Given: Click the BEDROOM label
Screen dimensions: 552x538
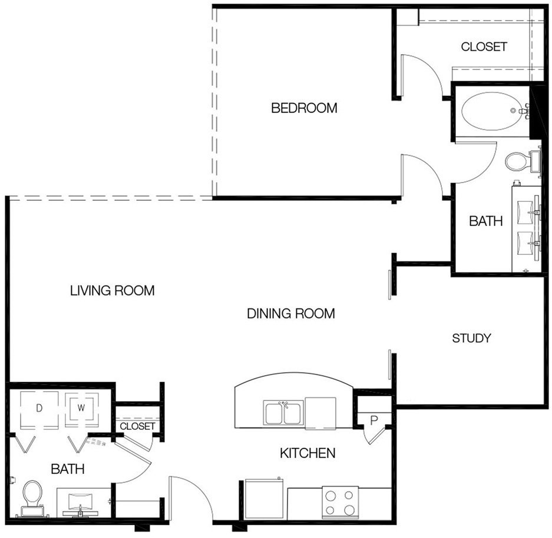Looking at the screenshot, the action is tap(304, 108).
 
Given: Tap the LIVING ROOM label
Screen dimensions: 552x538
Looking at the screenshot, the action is tap(113, 290).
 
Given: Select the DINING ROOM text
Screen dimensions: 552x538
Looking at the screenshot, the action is tap(291, 313).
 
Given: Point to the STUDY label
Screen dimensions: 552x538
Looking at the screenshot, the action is tap(471, 338).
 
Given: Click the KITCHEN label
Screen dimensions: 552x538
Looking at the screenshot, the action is tap(308, 453).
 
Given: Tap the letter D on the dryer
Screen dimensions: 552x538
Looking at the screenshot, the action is tap(39, 408).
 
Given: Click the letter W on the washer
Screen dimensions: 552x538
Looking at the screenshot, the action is tap(81, 408).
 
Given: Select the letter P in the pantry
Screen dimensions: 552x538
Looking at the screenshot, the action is tap(374, 420).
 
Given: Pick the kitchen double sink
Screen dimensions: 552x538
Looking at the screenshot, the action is tap(283, 414).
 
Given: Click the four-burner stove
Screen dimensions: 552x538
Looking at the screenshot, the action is tap(340, 503).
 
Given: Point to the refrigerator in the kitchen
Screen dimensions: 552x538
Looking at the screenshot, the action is tap(264, 499).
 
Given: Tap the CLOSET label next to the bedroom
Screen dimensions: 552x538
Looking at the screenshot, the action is tap(484, 47).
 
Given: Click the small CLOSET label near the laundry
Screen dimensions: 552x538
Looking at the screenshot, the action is tap(137, 426).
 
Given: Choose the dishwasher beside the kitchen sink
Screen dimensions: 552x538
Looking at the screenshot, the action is tap(320, 414).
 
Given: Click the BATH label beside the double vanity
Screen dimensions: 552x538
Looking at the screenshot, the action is tap(486, 221).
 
